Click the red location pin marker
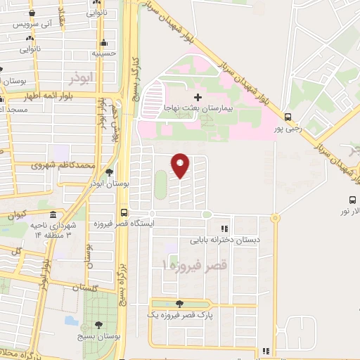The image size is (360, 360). click(x=181, y=165)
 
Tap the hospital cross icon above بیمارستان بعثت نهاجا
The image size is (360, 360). click(x=197, y=96)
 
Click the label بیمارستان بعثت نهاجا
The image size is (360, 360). click(x=198, y=109)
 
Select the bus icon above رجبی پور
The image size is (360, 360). click(x=288, y=117)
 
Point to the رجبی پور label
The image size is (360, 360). click(x=288, y=129)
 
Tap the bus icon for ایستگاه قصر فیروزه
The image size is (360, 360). click(x=124, y=212)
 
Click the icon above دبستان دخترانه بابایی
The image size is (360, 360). click(x=224, y=228)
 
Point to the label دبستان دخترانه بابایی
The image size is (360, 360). click(x=224, y=239)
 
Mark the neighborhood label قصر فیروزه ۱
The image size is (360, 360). click(x=186, y=265)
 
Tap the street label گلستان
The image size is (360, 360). click(x=89, y=288)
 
